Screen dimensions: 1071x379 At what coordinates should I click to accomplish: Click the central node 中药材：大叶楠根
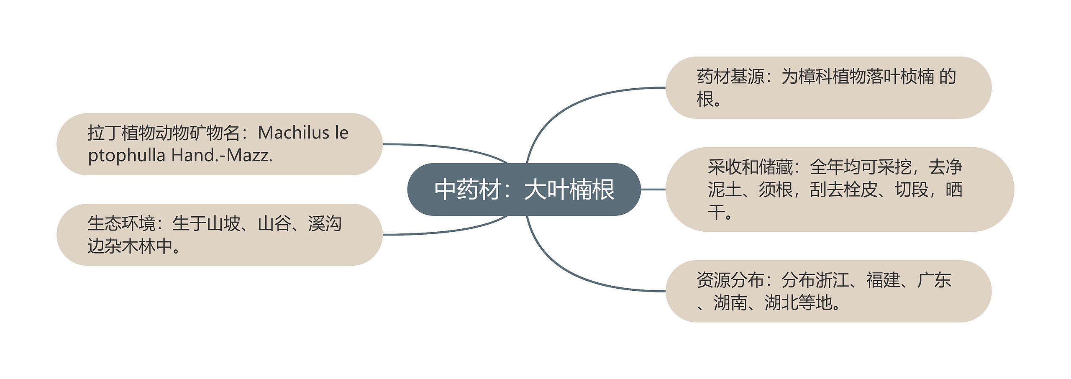(x=524, y=189)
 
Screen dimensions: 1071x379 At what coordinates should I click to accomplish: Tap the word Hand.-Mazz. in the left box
(x=222, y=156)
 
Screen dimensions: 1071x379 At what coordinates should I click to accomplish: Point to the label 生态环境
(x=121, y=223)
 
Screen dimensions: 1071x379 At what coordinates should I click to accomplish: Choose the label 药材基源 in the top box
(x=730, y=77)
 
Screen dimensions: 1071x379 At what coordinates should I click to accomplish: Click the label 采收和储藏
(x=750, y=167)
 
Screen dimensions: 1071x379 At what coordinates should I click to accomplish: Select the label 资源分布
(x=730, y=280)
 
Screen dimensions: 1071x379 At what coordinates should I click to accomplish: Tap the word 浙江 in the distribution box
(x=832, y=280)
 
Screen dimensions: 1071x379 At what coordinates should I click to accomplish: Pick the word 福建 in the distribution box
(x=883, y=280)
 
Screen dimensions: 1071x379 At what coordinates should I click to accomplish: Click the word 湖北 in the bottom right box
(x=781, y=302)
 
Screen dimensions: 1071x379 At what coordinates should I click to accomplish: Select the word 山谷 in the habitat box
(x=274, y=223)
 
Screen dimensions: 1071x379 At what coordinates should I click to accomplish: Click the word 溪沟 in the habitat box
(x=325, y=223)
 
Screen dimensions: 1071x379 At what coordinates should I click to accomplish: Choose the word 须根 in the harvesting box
(x=776, y=189)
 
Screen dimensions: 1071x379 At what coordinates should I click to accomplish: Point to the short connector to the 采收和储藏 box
(x=653, y=189)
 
